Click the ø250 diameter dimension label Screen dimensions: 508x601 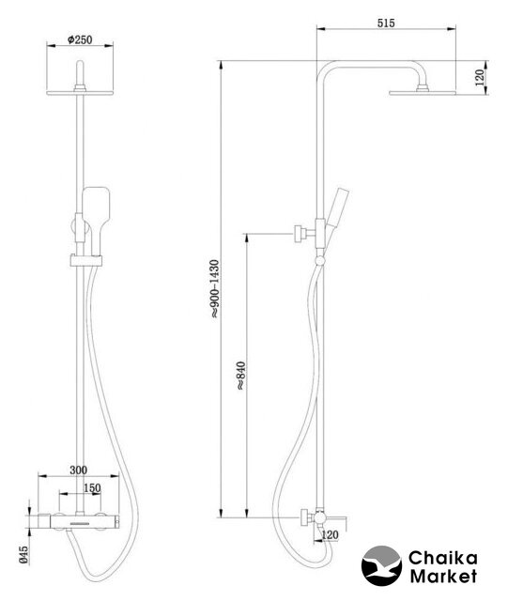80,39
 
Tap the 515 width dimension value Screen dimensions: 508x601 386,23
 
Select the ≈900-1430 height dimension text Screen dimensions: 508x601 215,289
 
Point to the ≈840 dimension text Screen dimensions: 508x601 240,376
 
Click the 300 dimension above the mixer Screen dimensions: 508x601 78,470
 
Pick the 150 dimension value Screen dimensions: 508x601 92,488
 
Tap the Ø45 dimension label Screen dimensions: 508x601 23,555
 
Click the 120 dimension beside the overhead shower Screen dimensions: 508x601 480,77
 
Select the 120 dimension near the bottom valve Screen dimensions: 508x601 330,534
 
